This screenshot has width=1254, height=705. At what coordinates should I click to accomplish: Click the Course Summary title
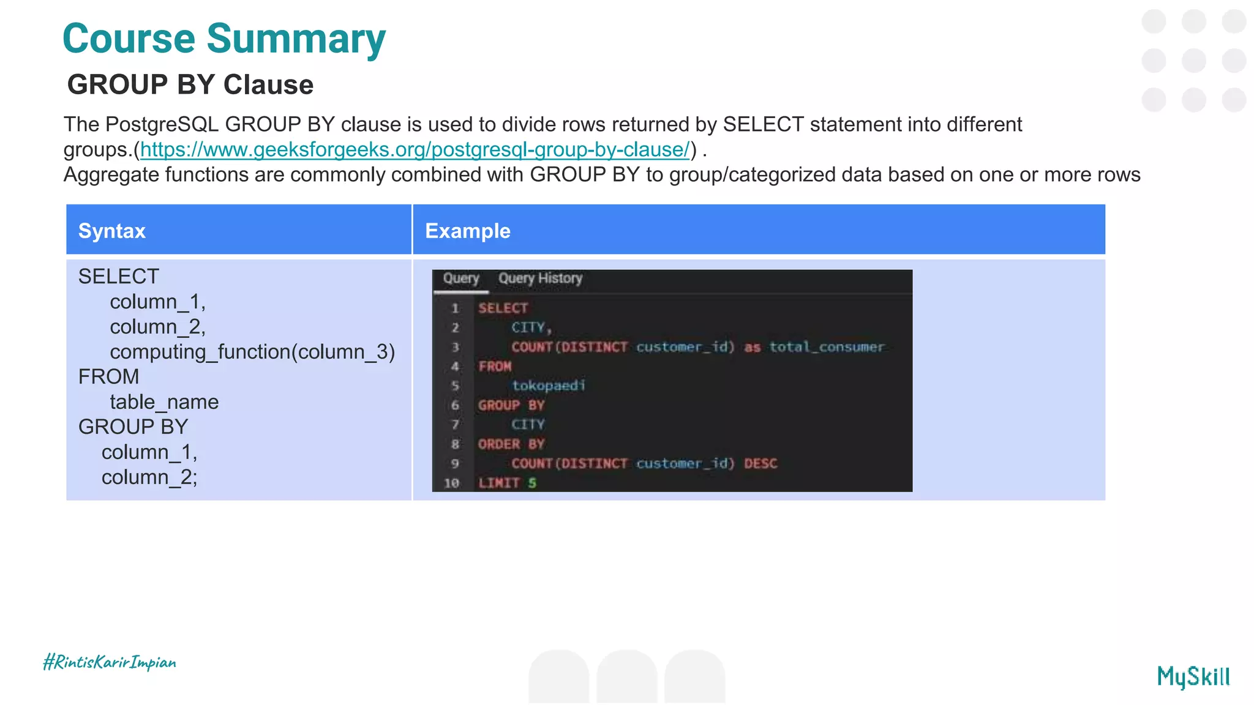224,39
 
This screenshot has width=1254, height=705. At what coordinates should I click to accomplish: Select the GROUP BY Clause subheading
190,84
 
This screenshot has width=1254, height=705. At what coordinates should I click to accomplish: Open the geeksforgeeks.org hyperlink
415,149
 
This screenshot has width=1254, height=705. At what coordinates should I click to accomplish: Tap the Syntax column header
112,231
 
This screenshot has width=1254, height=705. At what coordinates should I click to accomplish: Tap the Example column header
467,231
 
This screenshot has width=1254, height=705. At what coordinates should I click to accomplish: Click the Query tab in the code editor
460,278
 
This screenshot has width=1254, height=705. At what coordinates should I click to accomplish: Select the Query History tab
540,278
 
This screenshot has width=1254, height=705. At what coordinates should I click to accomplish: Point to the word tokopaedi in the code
549,386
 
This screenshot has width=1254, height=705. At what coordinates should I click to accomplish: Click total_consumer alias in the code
827,347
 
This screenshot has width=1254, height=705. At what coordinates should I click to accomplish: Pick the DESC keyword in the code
760,463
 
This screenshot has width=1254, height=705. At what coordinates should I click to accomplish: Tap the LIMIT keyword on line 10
499,483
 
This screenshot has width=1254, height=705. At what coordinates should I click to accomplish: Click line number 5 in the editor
455,386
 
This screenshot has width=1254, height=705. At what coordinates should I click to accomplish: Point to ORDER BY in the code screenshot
511,444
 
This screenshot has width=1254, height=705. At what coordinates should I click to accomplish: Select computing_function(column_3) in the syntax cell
252,352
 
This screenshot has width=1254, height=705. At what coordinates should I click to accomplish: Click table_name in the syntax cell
164,402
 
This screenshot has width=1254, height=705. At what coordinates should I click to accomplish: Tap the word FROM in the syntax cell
109,376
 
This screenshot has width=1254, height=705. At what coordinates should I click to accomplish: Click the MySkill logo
1193,676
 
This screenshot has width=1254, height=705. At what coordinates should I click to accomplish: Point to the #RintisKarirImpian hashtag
110,662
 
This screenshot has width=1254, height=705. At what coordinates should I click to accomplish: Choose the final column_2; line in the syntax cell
149,477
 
